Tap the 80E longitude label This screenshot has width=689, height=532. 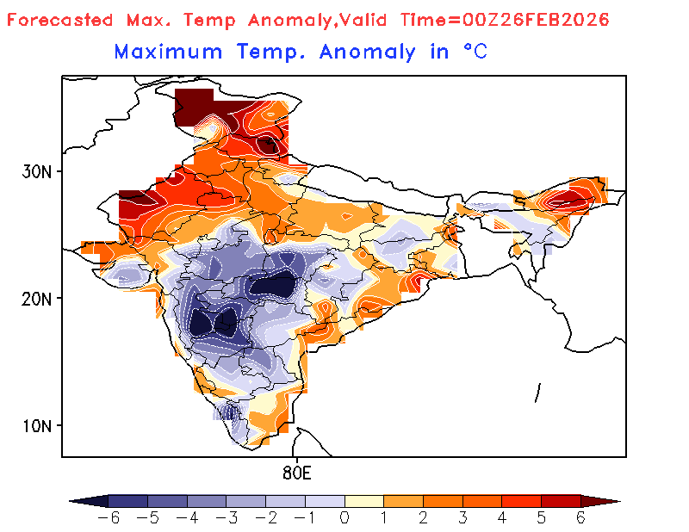[295, 473]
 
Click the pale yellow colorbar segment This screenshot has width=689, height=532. [363, 500]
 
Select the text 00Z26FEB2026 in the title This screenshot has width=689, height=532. [547, 19]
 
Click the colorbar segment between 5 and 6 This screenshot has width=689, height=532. [561, 500]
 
